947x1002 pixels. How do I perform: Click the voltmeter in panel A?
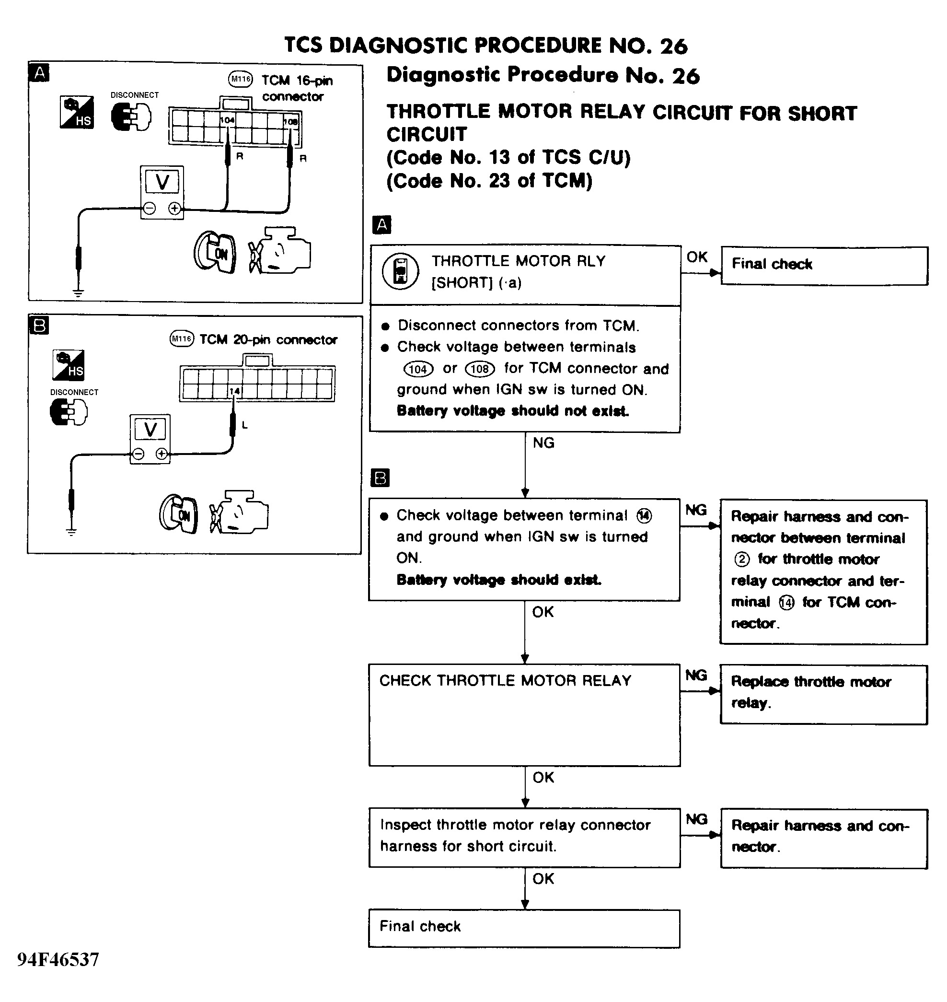point(162,192)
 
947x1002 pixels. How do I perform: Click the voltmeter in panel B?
point(150,439)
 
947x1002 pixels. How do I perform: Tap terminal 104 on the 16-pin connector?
point(227,120)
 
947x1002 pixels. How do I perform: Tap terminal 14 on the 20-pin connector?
point(235,391)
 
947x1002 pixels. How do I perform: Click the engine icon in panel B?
point(239,512)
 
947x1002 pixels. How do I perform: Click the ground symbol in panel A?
point(78,292)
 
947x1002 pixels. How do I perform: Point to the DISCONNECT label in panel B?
point(74,392)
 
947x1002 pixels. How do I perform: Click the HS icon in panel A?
point(76,112)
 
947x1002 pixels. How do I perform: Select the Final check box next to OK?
point(824,266)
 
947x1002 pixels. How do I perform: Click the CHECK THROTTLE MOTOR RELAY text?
point(505,681)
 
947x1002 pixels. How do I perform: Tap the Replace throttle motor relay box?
point(823,694)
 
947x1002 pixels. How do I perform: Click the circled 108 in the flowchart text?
point(480,369)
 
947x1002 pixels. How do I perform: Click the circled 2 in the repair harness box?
point(741,559)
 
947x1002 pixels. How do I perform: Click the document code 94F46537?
point(58,959)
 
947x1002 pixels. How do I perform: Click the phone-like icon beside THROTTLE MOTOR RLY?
point(400,271)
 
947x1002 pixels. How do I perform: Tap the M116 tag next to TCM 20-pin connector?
point(182,338)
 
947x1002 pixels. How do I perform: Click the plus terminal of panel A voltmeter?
point(174,208)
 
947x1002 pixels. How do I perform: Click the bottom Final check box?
point(524,928)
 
